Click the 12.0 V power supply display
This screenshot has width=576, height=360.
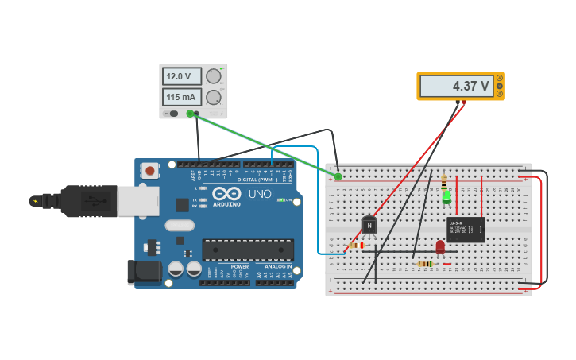tap(182, 76)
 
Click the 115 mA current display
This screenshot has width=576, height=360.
tap(182, 97)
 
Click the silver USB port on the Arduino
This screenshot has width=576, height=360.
tap(137, 200)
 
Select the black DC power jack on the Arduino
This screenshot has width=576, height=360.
tap(143, 272)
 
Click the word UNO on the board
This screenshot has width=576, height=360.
tap(259, 194)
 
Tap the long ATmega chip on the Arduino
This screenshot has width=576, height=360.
tap(247, 250)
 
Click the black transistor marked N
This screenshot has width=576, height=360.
tap(369, 225)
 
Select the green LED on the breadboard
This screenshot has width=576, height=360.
tap(446, 195)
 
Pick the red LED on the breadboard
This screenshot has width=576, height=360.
tap(440, 246)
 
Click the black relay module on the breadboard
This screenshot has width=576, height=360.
tap(466, 230)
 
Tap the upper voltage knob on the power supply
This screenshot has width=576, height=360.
tap(213, 76)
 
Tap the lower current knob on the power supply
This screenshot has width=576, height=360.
tap(213, 97)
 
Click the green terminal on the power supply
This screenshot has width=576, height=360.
tap(190, 114)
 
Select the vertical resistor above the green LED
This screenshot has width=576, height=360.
tap(443, 182)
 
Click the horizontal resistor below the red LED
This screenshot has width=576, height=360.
tap(426, 264)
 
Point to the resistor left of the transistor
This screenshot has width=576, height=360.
tap(357, 246)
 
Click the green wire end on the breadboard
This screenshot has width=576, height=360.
tap(338, 176)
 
